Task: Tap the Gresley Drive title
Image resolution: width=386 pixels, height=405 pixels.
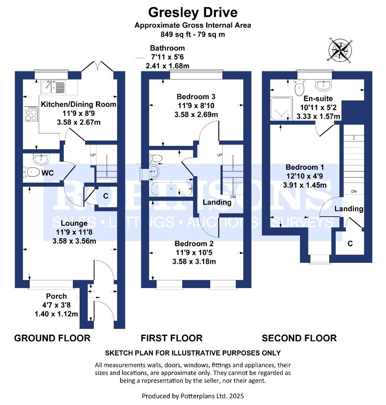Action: [x=193, y=12]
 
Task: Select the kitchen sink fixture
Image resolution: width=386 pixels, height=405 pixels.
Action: [x=53, y=87]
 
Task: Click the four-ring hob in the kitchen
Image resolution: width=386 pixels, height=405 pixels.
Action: [x=31, y=113]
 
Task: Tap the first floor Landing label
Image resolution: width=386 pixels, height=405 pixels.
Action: [x=217, y=202]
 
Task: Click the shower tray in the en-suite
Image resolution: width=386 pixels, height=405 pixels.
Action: [x=281, y=108]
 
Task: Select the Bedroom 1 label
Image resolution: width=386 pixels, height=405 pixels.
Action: [x=305, y=167]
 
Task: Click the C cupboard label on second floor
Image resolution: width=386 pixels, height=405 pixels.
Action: [x=350, y=244]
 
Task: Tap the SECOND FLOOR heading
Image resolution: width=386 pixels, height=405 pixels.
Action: [x=299, y=338]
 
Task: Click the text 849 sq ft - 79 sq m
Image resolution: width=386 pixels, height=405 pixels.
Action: [x=193, y=34]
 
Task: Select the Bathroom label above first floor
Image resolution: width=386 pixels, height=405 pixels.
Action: [x=167, y=48]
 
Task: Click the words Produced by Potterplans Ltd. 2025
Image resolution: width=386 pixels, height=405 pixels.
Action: [x=193, y=396]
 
